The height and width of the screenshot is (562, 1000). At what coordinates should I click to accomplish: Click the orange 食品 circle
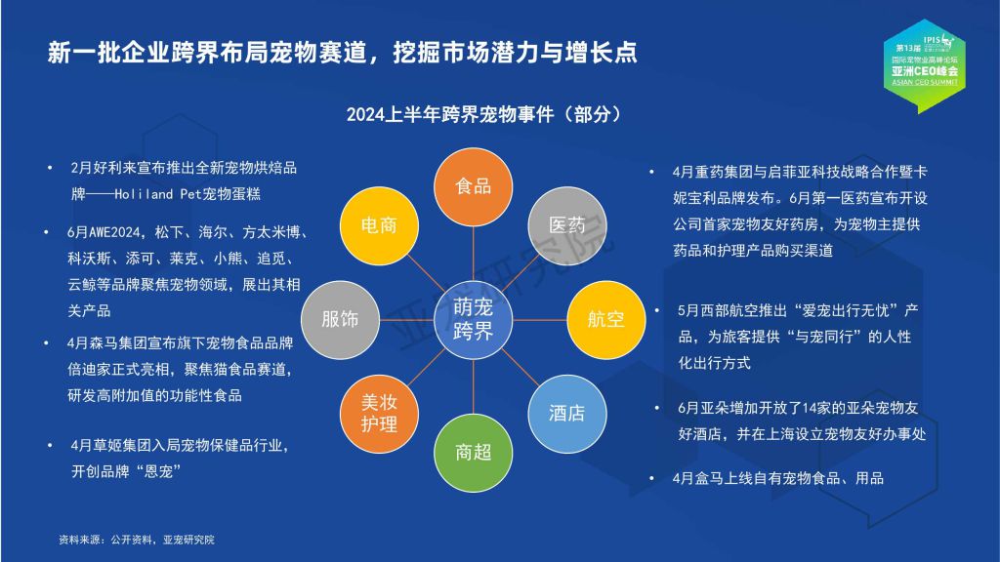[473, 186]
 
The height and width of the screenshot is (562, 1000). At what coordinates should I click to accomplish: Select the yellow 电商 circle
[379, 225]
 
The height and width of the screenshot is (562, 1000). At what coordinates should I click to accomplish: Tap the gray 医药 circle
[567, 225]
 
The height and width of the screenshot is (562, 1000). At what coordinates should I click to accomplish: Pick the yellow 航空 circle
[605, 319]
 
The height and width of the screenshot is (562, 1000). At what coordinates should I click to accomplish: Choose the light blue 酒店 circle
[567, 414]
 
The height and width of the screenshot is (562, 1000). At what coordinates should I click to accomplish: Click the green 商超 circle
[473, 453]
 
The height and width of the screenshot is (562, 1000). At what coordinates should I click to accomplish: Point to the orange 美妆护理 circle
[379, 414]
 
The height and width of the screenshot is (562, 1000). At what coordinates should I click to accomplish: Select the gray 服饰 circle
[340, 319]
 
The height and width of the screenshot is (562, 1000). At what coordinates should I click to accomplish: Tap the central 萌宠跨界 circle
[473, 319]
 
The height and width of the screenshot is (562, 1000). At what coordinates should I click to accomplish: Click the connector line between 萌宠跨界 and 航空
[539, 319]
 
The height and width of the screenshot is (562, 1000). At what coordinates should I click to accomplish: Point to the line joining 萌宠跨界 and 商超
[473, 386]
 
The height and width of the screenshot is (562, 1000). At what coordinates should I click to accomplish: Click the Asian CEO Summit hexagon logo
[924, 65]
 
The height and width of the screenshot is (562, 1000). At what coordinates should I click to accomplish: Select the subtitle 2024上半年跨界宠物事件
[450, 115]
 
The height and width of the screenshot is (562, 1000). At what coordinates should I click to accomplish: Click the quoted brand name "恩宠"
[158, 471]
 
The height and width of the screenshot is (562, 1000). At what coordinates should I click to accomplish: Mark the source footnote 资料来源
[79, 540]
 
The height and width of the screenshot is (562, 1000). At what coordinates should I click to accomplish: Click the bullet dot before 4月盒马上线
[651, 478]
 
